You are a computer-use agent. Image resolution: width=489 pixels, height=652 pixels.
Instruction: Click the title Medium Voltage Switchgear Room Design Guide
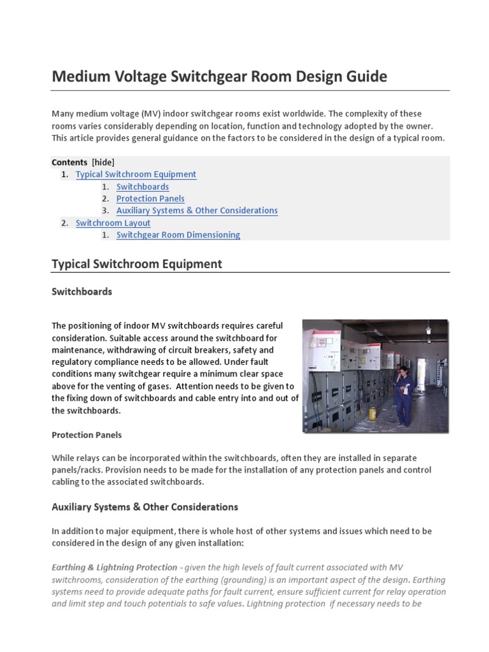pyautogui.click(x=219, y=76)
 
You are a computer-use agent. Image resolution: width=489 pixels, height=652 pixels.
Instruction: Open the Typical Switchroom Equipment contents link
pyautogui.click(x=136, y=174)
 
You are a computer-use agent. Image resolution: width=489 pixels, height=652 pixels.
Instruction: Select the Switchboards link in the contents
pyautogui.click(x=143, y=187)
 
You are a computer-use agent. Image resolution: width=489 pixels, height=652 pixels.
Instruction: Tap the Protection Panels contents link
pyautogui.click(x=150, y=199)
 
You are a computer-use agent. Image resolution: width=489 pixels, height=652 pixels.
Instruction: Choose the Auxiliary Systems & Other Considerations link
pyautogui.click(x=197, y=211)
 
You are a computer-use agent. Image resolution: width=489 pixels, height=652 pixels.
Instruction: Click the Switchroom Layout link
pyautogui.click(x=113, y=223)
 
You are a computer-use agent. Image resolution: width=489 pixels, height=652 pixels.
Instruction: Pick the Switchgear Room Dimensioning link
pyautogui.click(x=178, y=235)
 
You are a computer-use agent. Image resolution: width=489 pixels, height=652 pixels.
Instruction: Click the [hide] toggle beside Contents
pyautogui.click(x=103, y=162)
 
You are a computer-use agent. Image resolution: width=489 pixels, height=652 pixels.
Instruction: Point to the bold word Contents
pyautogui.click(x=69, y=162)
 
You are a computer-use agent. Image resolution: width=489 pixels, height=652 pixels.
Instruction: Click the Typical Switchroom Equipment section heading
pyautogui.click(x=136, y=264)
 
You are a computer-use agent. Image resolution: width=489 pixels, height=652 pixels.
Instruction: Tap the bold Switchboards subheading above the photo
pyautogui.click(x=81, y=292)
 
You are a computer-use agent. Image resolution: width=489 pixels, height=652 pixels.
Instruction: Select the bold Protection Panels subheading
pyautogui.click(x=86, y=435)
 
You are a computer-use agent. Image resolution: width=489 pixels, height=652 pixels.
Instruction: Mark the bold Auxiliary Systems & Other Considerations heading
pyautogui.click(x=145, y=507)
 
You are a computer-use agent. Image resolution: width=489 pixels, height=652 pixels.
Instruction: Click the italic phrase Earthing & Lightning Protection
pyautogui.click(x=114, y=567)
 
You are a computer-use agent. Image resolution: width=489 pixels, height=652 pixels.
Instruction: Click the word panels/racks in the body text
pyautogui.click(x=76, y=470)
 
